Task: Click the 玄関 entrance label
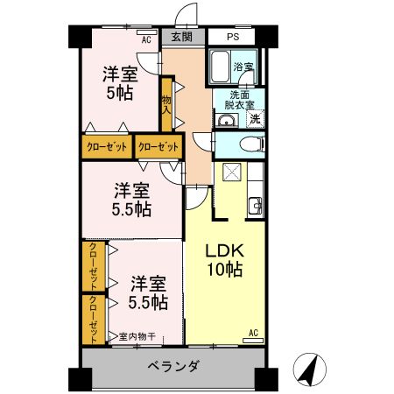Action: point(182,38)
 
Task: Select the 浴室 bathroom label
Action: point(243,67)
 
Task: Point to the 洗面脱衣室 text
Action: point(240,100)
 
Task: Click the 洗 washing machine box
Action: point(254,119)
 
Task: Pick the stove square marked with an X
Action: point(232,172)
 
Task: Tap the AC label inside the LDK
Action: point(252,333)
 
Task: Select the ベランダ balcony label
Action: point(172,367)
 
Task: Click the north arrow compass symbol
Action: point(308,369)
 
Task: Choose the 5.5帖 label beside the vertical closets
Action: point(147,293)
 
